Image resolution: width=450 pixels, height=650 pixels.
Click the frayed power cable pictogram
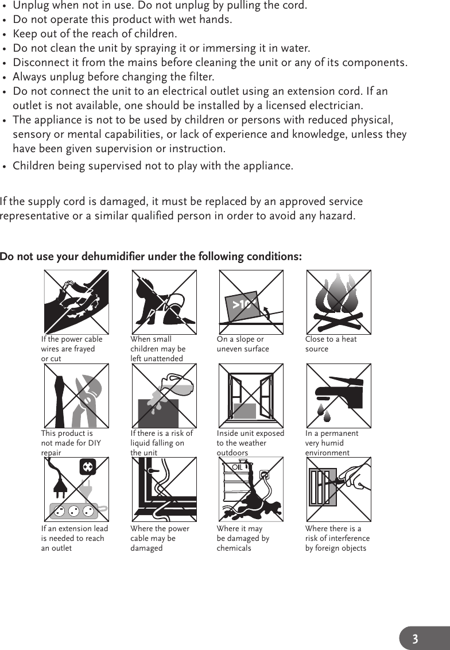[76, 302]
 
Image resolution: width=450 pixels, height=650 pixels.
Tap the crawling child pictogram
[164, 302]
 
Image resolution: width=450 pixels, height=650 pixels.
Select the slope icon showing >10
[251, 302]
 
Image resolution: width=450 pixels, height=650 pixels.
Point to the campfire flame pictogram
[339, 302]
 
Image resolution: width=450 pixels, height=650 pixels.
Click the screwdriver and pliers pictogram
[76, 396]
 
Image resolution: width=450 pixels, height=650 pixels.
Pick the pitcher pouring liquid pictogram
[164, 396]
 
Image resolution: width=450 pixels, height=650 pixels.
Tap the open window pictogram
[251, 396]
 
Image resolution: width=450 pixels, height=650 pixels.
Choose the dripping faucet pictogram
[339, 396]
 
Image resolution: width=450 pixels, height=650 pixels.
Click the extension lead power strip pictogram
[76, 490]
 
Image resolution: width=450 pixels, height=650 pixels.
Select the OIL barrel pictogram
[251, 490]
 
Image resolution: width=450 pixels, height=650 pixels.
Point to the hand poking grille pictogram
[339, 490]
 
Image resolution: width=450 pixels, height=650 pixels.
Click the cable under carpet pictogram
[164, 490]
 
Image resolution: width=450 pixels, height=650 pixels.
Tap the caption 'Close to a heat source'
[331, 344]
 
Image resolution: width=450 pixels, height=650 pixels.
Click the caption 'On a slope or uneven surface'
[243, 344]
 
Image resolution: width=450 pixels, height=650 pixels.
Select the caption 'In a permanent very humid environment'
[332, 443]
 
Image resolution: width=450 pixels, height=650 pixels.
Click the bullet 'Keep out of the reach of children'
[95, 34]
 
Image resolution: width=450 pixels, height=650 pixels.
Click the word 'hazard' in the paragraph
[336, 216]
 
